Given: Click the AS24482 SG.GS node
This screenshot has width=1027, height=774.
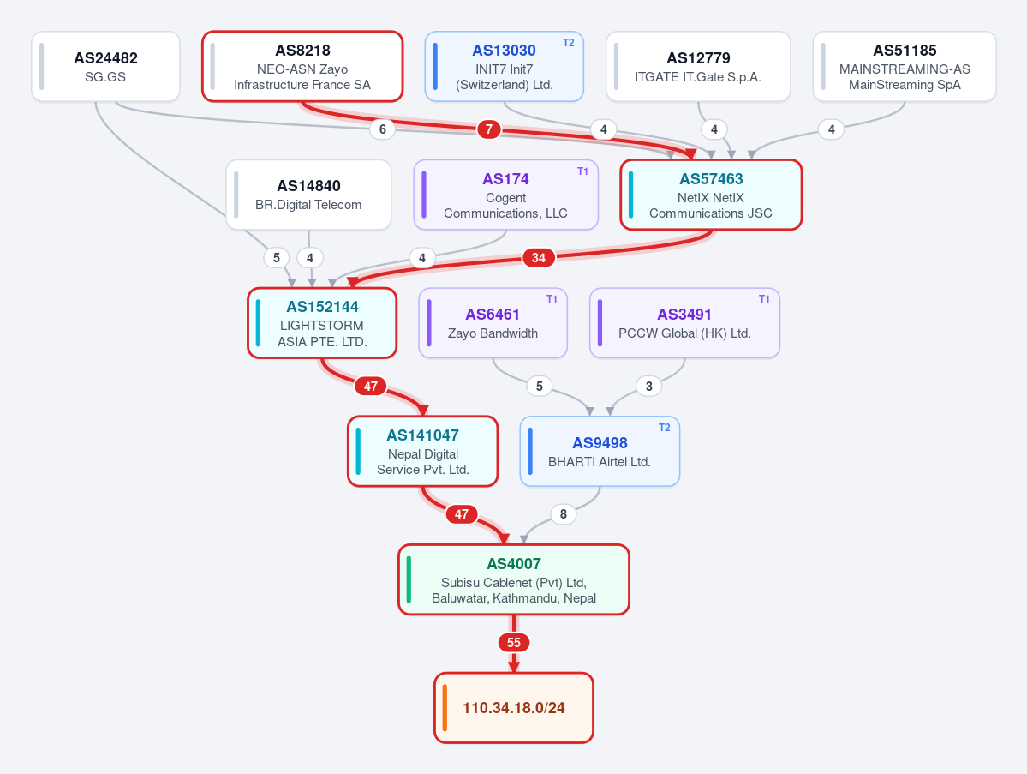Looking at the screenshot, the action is pyautogui.click(x=105, y=66).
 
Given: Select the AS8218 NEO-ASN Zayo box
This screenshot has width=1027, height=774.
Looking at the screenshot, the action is pyautogui.click(x=302, y=66).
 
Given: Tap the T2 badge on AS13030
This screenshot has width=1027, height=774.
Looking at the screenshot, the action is pyautogui.click(x=569, y=43).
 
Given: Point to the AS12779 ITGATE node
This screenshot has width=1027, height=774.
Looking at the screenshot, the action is pyautogui.click(x=697, y=66).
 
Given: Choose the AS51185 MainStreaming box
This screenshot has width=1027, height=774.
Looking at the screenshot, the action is pyautogui.click(x=905, y=66).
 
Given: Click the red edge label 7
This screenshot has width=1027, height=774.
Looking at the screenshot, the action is pyautogui.click(x=488, y=129).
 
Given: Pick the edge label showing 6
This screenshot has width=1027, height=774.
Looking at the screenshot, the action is pyautogui.click(x=383, y=129).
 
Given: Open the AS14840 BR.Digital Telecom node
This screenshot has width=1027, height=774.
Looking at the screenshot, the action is pyautogui.click(x=308, y=195).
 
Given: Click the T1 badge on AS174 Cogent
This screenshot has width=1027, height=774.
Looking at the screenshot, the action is pyautogui.click(x=582, y=171).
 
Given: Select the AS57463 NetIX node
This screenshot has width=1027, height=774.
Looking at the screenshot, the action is pyautogui.click(x=711, y=195).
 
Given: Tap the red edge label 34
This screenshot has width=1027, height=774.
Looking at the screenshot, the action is pyautogui.click(x=539, y=257).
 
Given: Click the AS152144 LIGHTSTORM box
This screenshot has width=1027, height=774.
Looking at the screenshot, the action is pyautogui.click(x=321, y=323).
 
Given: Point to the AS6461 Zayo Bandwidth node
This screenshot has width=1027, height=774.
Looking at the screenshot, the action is pyautogui.click(x=493, y=323).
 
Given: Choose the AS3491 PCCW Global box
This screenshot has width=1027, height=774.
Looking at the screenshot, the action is pyautogui.click(x=684, y=323).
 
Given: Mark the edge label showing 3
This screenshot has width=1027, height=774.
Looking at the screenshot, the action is pyautogui.click(x=649, y=386).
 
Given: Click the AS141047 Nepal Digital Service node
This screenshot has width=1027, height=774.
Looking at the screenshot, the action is pyautogui.click(x=422, y=452).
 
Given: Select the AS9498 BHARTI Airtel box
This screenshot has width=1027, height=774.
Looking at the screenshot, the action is pyautogui.click(x=600, y=452).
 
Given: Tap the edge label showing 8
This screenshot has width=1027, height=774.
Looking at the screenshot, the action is pyautogui.click(x=564, y=514).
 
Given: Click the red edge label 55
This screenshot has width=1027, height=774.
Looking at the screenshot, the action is pyautogui.click(x=514, y=643).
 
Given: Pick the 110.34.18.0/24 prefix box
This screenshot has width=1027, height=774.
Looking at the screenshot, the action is pyautogui.click(x=514, y=708).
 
